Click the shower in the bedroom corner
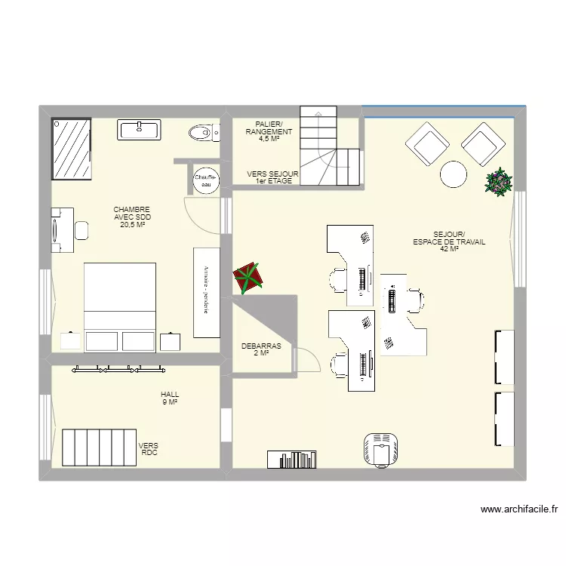71,148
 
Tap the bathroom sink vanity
140,130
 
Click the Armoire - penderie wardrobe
206,292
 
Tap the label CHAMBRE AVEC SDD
132,217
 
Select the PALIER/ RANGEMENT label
269,131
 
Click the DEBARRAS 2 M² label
261,349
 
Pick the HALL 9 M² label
170,398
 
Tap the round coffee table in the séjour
454,174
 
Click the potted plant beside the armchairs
498,182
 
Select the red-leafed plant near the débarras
248,277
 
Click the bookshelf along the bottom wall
291,459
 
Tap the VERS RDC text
149,449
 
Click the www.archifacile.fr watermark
518,510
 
